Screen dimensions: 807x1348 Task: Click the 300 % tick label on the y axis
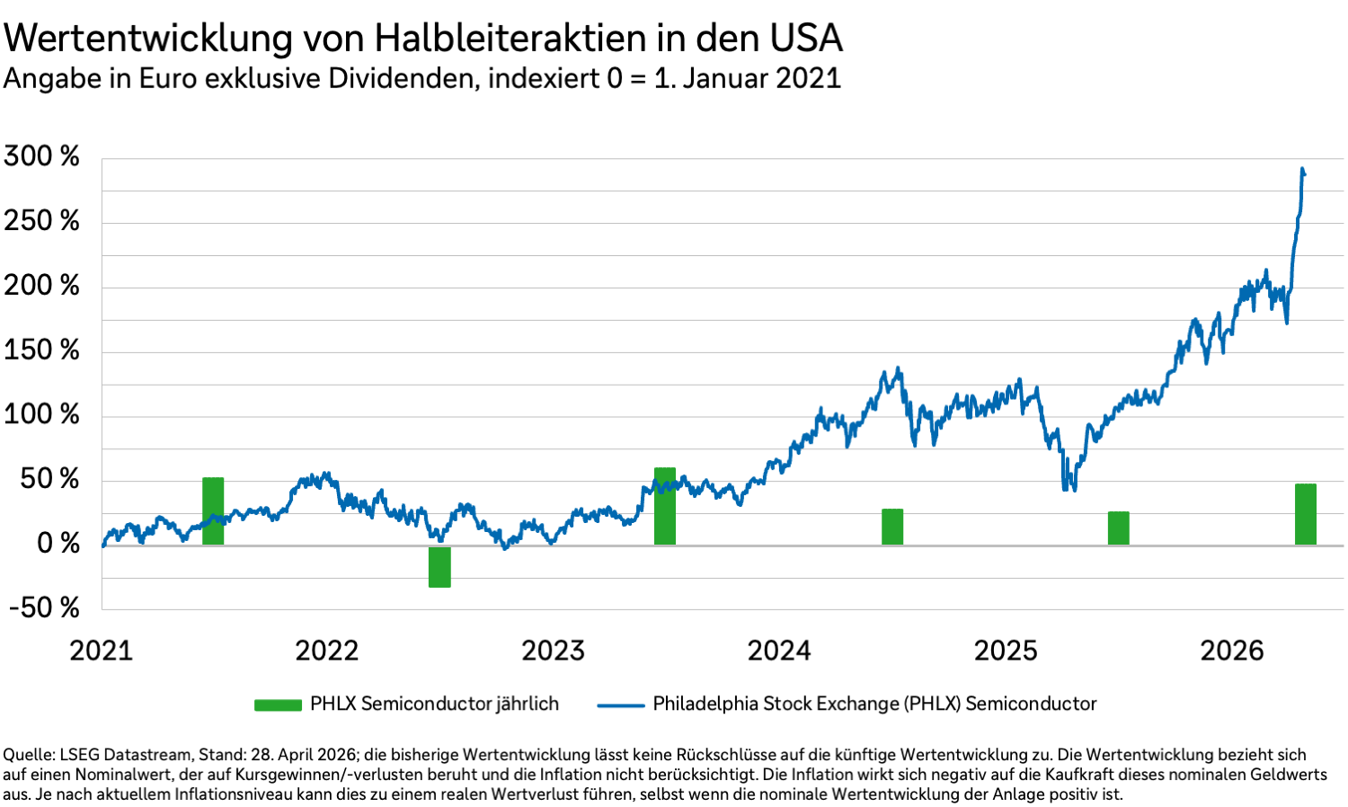(41, 156)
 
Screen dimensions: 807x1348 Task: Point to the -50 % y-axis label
(44, 608)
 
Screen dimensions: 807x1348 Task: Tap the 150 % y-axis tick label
(41, 350)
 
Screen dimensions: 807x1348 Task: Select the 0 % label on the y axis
(58, 544)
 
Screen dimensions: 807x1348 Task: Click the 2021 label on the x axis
(101, 651)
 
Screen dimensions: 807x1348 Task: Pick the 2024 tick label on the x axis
(779, 651)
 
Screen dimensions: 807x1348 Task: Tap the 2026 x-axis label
(1232, 651)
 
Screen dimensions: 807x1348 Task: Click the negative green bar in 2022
(439, 566)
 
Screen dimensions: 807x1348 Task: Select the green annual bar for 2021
(213, 510)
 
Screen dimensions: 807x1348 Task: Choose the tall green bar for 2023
(665, 506)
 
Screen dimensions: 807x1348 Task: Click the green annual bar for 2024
(892, 527)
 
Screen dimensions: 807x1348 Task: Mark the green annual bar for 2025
(1119, 528)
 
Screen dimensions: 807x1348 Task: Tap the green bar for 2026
(1306, 514)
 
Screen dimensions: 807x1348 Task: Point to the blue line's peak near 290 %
(1302, 169)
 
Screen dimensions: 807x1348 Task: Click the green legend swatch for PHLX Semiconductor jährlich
(278, 705)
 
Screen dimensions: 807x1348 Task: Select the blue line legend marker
(621, 705)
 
